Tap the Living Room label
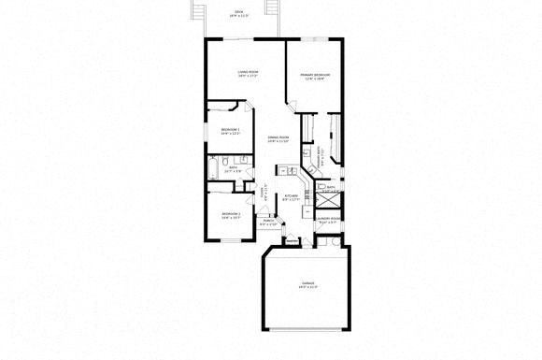tap(248, 74)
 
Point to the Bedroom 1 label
tap(231, 131)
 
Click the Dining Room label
tap(278, 139)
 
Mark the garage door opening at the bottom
tap(307, 332)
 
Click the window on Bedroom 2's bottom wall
tap(230, 241)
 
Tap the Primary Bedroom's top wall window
tap(314, 38)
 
